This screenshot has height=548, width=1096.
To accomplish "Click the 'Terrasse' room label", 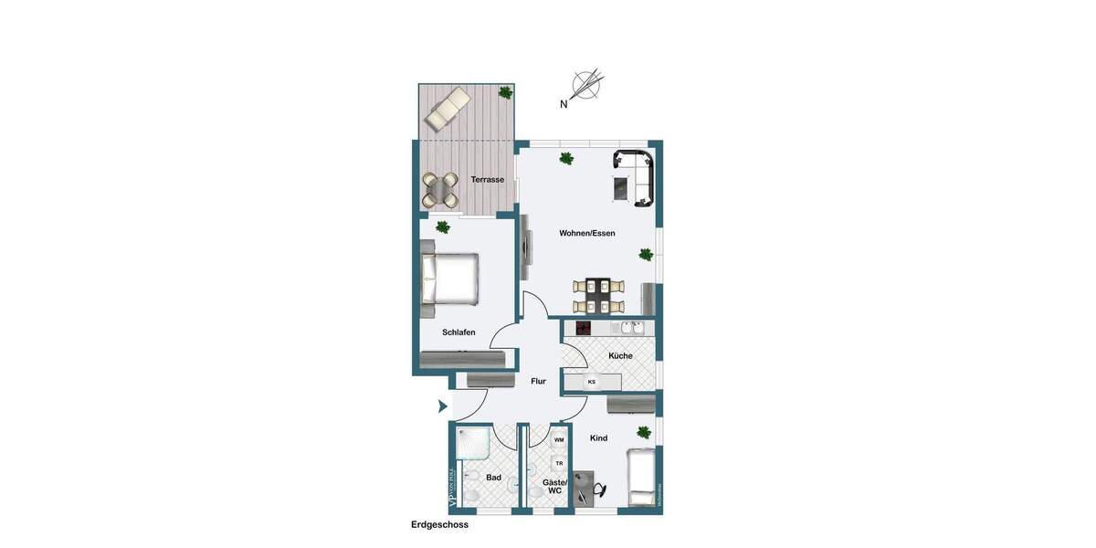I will (x=487, y=180).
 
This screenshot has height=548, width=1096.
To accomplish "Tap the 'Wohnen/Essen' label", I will (x=587, y=233).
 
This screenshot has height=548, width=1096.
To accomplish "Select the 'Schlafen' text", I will (x=458, y=332).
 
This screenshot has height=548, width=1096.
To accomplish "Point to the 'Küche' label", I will (x=620, y=355).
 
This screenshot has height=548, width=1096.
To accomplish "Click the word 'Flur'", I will (x=538, y=381).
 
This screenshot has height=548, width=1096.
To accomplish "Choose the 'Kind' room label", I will (x=598, y=438).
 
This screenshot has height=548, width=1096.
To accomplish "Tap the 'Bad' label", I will (x=493, y=478).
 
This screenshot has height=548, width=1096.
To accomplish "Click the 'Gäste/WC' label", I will (x=554, y=486).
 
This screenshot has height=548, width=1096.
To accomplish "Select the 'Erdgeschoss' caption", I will (x=439, y=525).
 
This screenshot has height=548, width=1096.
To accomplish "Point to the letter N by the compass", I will (x=564, y=104).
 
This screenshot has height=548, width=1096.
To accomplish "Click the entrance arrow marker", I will (x=442, y=406).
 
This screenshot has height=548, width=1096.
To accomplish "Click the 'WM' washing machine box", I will (x=559, y=439).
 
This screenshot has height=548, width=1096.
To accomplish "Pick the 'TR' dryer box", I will (x=559, y=463).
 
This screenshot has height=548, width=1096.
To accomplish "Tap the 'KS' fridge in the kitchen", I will (x=592, y=382).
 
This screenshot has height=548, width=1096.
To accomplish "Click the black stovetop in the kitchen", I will (x=582, y=328).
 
